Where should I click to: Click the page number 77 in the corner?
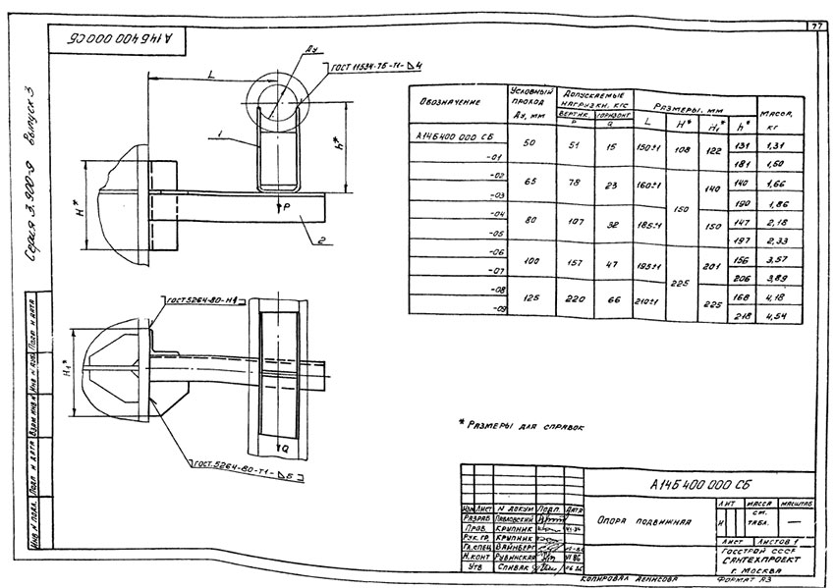tap(815, 26)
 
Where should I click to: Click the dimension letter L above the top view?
tap(211, 76)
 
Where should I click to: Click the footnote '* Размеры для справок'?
tap(522, 427)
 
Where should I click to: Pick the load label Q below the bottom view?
tap(284, 449)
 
